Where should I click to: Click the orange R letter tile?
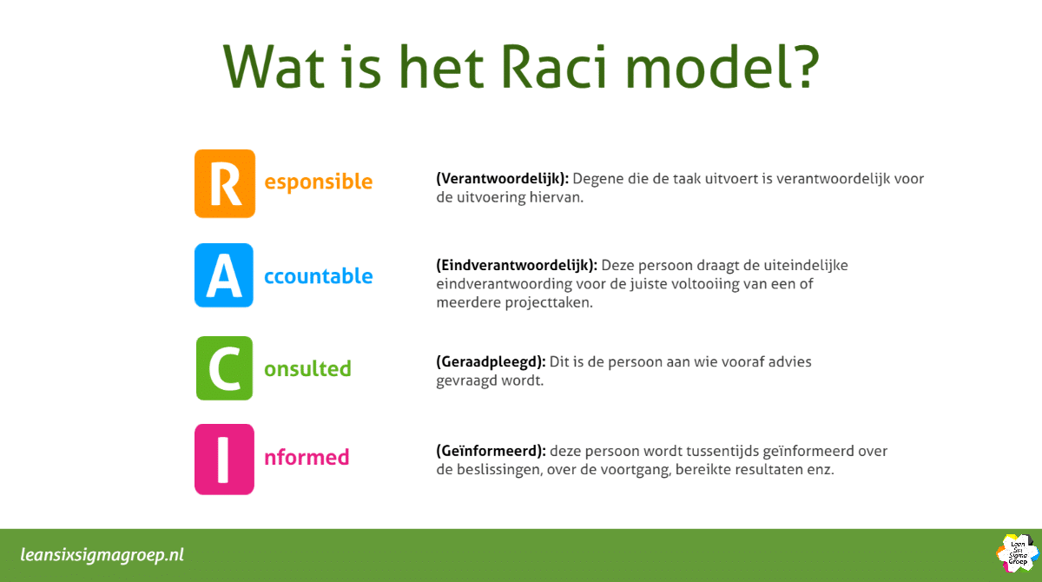coord(224,183)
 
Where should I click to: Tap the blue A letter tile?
coord(224,275)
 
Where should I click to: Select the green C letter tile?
coord(224,368)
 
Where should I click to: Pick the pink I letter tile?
coord(224,459)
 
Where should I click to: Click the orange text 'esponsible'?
coord(318,182)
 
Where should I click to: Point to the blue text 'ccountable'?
coord(318,276)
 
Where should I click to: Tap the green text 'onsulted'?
coord(307,368)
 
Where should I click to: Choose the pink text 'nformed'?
coord(307,458)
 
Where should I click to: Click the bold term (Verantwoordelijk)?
coord(502,178)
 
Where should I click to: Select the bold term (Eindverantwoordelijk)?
coord(517,264)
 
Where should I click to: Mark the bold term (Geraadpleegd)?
coord(491,361)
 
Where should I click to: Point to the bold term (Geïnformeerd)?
coord(491,451)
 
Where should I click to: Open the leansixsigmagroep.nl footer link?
coord(102,555)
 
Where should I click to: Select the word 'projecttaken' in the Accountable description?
coord(550,303)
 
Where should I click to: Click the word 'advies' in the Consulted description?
coord(789,361)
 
